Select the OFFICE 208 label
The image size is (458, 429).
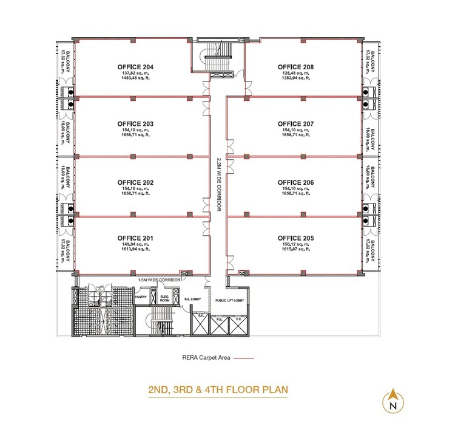295,66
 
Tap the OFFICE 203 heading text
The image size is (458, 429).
135,124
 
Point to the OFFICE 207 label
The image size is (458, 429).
295,124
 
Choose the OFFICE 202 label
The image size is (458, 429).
135,182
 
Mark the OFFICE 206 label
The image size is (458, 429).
295,182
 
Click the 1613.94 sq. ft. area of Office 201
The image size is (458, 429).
135,249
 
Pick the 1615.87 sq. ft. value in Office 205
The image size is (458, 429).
295,249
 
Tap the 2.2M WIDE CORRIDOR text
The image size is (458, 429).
218,185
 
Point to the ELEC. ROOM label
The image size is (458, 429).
164,298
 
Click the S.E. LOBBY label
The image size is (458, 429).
192,300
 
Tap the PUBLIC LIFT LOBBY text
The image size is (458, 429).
229,301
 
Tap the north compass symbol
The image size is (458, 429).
393,400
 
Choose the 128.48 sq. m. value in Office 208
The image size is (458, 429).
295,74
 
